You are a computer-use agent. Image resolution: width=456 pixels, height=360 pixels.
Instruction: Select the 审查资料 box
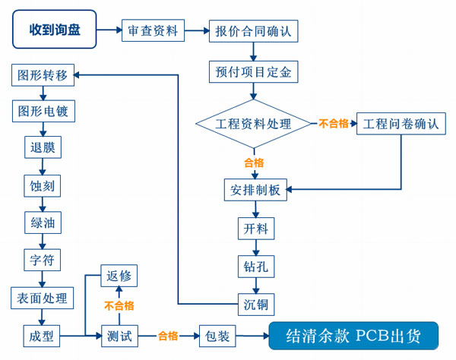tap(154, 31)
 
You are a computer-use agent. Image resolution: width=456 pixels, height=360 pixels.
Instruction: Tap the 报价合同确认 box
tap(253, 31)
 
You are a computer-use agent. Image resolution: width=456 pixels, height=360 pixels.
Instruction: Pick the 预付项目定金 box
tap(253, 72)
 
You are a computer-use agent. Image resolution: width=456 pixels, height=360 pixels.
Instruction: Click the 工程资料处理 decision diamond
tap(253, 124)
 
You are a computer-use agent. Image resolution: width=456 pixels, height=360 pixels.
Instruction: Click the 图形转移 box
tap(43, 75)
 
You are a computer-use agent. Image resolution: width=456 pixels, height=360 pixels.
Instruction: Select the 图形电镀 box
tap(43, 112)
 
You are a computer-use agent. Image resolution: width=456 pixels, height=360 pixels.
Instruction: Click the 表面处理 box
tap(43, 298)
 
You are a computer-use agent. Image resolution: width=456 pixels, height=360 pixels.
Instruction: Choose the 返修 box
tap(119, 276)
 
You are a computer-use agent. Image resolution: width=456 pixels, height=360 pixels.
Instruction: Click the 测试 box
tap(119, 335)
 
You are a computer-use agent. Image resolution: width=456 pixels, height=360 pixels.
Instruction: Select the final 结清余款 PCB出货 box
tap(354, 335)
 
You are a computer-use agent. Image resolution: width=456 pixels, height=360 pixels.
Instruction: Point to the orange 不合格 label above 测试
tap(119, 306)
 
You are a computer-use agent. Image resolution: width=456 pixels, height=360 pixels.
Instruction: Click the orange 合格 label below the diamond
tap(253, 163)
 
